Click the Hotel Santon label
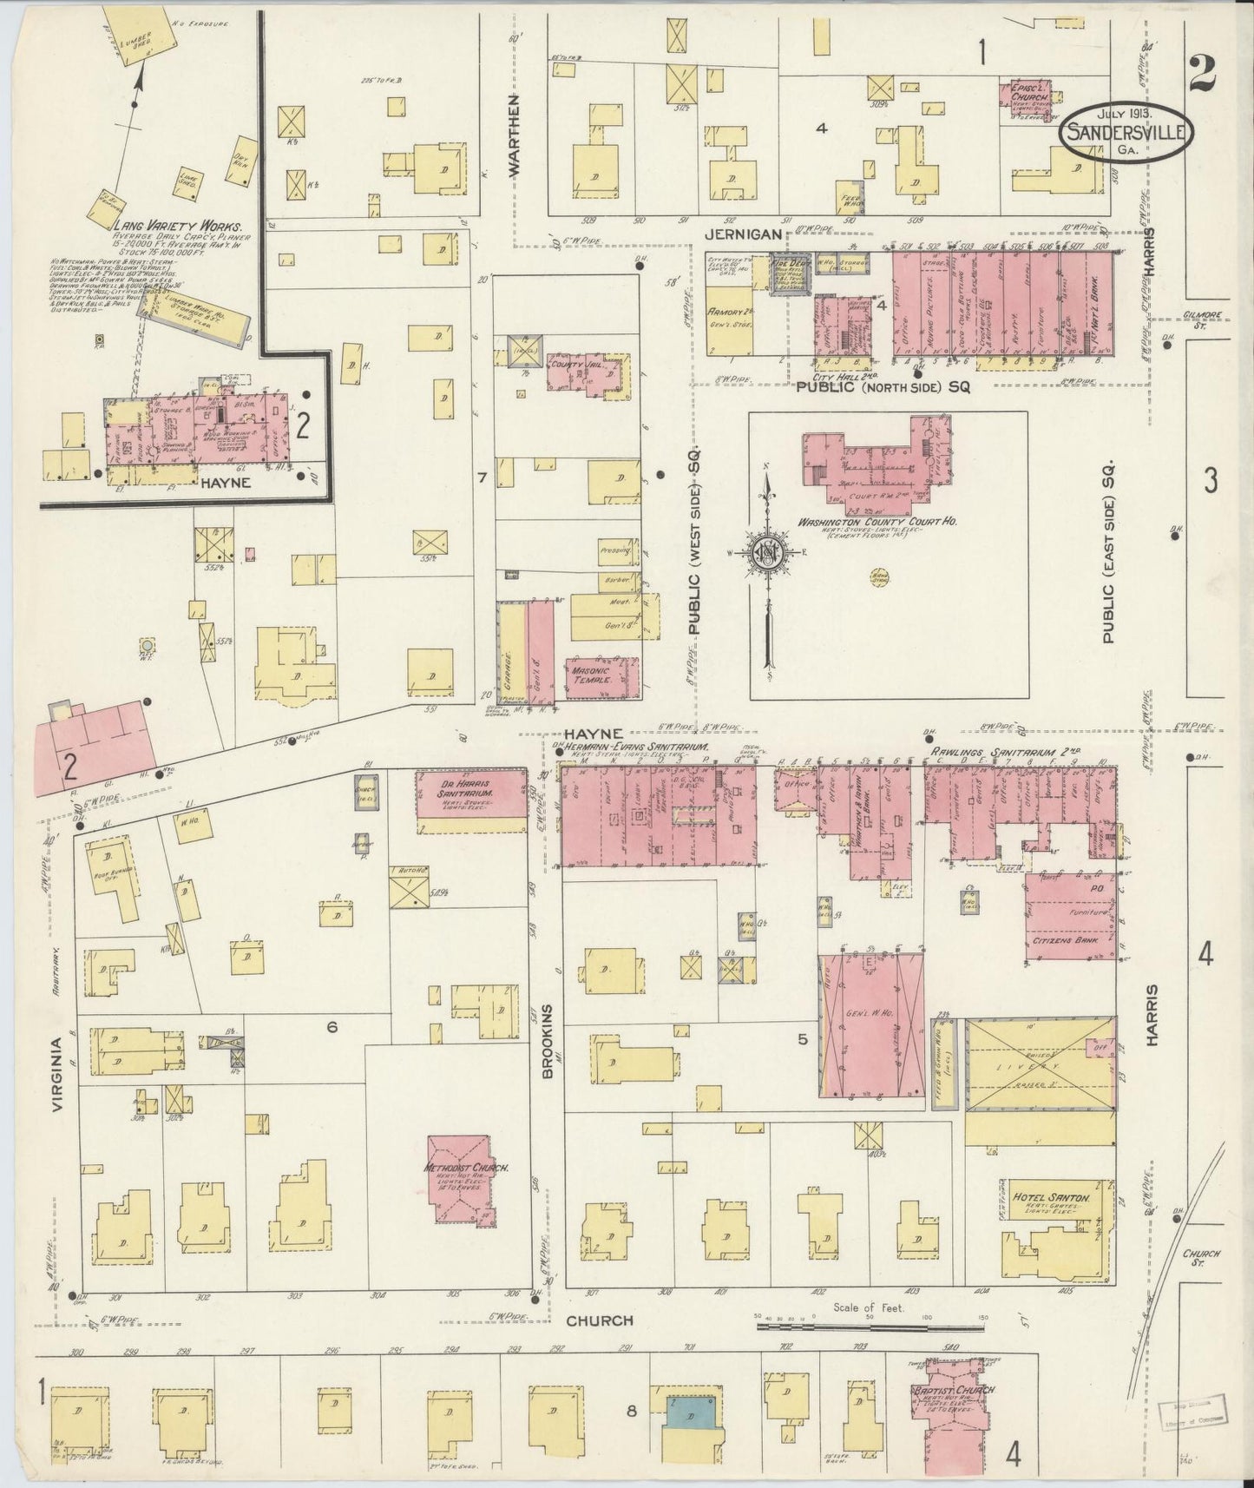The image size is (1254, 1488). point(1050,1197)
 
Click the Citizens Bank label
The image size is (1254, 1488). point(1070,940)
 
